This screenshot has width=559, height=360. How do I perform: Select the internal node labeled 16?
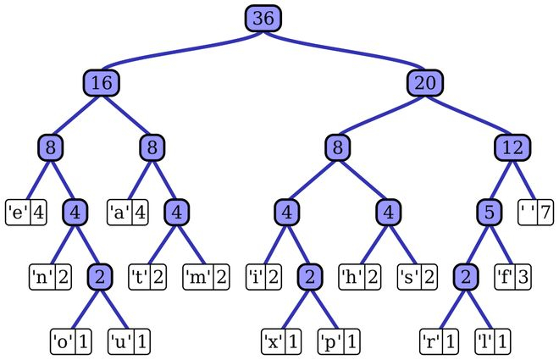click(x=101, y=83)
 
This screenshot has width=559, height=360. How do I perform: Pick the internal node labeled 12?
click(x=512, y=147)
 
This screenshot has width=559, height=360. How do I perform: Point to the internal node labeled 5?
click(x=489, y=211)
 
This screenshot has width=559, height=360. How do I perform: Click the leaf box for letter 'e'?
click(x=25, y=211)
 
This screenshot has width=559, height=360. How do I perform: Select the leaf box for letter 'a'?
click(x=127, y=211)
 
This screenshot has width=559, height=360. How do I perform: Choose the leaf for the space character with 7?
click(x=534, y=211)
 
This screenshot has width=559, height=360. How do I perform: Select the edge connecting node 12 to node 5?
click(x=501, y=179)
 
